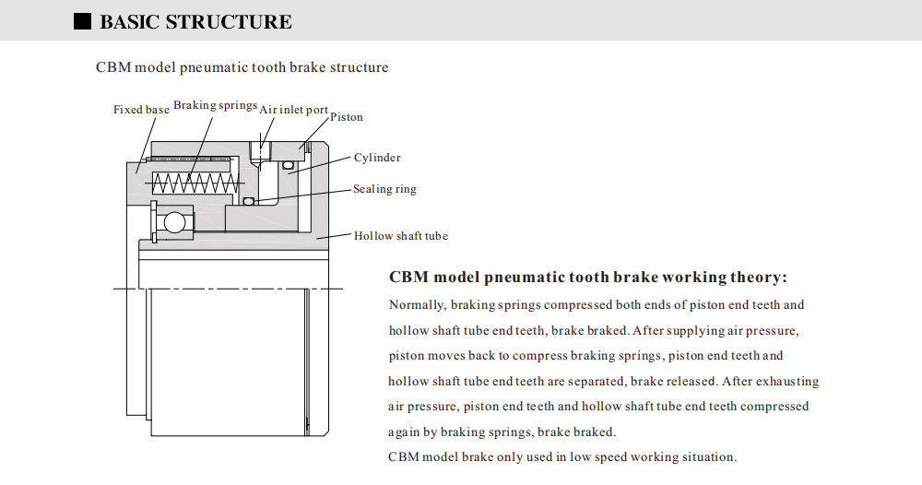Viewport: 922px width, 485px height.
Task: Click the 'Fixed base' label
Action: click(141, 110)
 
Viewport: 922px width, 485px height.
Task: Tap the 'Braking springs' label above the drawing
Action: click(215, 105)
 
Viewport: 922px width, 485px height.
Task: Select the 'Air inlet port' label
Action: click(293, 110)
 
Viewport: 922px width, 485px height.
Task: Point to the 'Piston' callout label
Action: click(347, 117)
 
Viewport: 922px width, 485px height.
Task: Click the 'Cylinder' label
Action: click(377, 158)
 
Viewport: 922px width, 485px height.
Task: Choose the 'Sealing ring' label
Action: click(384, 189)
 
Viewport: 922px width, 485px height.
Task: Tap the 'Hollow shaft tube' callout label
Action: click(401, 236)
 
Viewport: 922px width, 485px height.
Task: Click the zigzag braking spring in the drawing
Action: click(190, 183)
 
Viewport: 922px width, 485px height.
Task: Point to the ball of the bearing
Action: click(173, 222)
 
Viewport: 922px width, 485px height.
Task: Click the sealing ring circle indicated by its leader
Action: click(248, 202)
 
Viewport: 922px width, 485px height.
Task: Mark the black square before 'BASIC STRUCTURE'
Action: click(82, 21)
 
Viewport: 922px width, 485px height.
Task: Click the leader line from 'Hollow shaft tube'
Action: click(334, 236)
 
